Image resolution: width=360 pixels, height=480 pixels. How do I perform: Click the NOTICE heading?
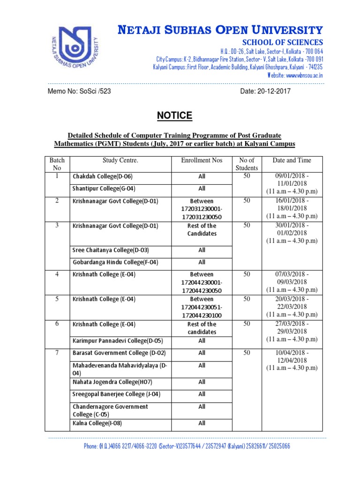pyautogui.click(x=174, y=116)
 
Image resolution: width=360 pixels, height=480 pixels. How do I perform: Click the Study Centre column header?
pyautogui.click(x=120, y=160)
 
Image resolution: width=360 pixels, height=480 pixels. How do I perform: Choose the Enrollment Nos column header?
pyautogui.click(x=202, y=160)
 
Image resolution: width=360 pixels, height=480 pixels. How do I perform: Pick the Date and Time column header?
pyautogui.click(x=292, y=160)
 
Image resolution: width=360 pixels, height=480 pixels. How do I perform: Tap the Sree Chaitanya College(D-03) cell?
pyautogui.click(x=110, y=250)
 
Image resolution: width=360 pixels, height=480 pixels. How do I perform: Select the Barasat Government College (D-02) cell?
pyautogui.click(x=119, y=353)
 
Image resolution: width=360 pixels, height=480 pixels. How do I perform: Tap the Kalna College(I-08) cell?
pyautogui.click(x=97, y=423)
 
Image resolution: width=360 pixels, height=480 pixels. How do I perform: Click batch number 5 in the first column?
pyautogui.click(x=57, y=299)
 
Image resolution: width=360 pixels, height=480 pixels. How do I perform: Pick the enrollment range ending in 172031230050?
pyautogui.click(x=202, y=209)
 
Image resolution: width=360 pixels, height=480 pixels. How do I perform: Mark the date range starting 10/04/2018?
pyautogui.click(x=292, y=360)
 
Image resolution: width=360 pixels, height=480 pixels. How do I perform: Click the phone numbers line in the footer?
pyautogui.click(x=187, y=446)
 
